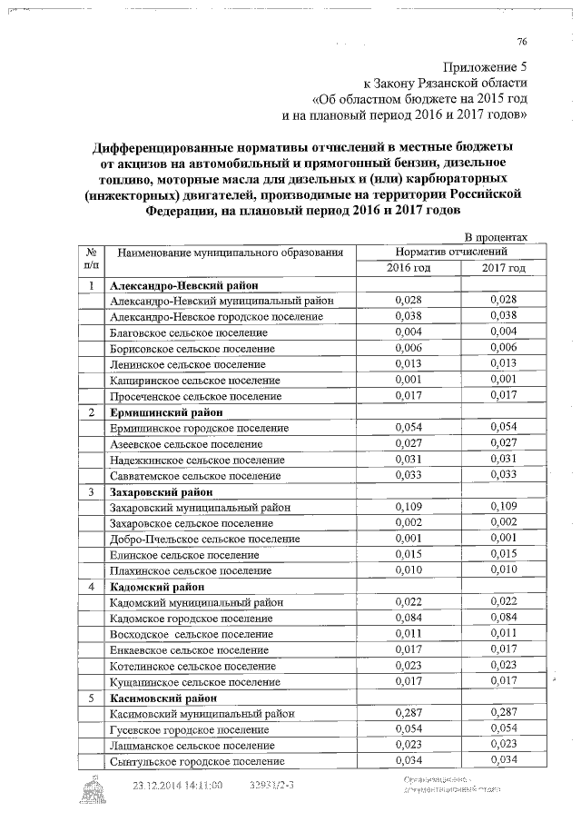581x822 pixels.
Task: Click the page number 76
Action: (x=521, y=42)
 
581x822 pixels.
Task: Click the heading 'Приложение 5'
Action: (x=484, y=68)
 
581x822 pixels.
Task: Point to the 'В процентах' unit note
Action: (x=496, y=237)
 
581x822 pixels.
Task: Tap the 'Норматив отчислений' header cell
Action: (x=451, y=252)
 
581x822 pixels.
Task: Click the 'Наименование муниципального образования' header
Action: (x=231, y=252)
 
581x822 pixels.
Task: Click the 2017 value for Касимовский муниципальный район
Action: (x=503, y=713)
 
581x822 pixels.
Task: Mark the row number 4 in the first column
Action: (x=92, y=586)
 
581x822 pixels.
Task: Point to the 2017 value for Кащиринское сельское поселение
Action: (x=503, y=380)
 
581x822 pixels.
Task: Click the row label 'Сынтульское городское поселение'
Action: (x=196, y=761)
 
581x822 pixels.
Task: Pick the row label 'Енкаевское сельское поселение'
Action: (x=188, y=649)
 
